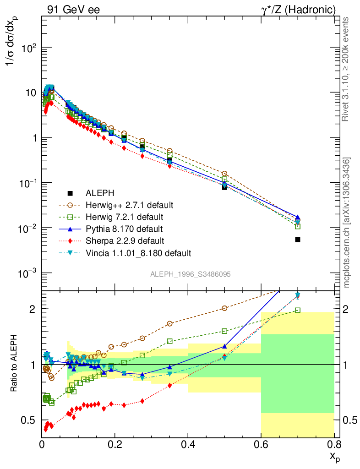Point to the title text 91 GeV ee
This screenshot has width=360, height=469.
[x=73, y=10]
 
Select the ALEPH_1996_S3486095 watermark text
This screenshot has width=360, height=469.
[x=190, y=274]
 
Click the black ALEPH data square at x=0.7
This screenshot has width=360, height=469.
[x=298, y=240]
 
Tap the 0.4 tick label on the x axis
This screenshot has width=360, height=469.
[x=188, y=445]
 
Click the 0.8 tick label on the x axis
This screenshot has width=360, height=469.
[x=334, y=445]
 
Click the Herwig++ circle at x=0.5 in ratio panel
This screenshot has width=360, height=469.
[x=224, y=308]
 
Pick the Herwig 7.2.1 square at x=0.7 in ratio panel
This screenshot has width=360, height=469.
[x=298, y=310]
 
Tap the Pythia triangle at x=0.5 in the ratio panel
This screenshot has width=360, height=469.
[x=224, y=347]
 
